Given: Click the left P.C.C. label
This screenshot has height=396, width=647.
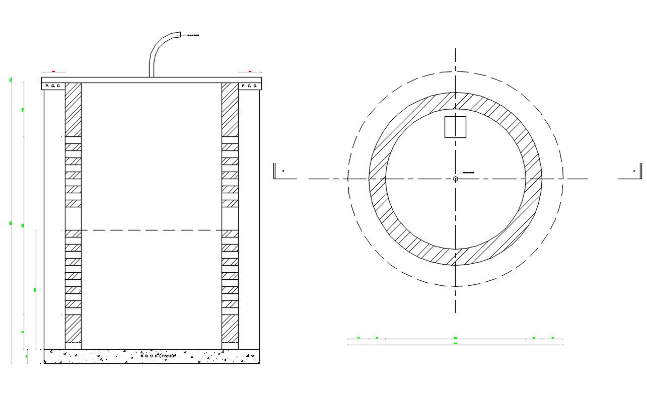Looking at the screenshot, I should (53, 86).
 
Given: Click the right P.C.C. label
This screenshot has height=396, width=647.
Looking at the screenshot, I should (249, 86).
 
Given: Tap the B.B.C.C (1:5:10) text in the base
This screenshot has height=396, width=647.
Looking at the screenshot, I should (158, 356).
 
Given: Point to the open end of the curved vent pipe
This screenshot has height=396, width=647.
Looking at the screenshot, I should (179, 35).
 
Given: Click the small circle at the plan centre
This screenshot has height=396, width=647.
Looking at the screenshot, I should (456, 179).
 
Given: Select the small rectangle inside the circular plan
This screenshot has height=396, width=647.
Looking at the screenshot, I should (455, 127).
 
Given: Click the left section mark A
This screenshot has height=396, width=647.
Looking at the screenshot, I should (282, 171).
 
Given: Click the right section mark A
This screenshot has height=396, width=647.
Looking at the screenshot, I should (633, 171).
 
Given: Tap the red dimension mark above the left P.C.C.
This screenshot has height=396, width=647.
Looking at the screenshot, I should (53, 72).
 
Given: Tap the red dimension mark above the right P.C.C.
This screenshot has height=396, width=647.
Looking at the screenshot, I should (250, 72).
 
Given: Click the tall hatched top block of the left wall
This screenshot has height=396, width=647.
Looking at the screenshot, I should (73, 109).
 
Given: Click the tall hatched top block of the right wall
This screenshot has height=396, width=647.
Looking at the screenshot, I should (230, 109).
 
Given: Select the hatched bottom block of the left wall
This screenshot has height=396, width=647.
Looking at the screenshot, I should (73, 328).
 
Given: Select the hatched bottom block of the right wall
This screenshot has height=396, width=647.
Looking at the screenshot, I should (230, 328).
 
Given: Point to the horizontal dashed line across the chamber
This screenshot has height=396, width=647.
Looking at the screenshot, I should (151, 230).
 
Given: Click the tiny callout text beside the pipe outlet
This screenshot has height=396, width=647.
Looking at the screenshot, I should (193, 35).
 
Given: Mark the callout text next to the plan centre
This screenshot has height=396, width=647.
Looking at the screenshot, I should (468, 173).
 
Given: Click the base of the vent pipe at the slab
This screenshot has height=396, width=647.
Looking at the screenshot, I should (151, 75).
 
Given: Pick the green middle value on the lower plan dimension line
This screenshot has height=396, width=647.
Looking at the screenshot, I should (455, 338).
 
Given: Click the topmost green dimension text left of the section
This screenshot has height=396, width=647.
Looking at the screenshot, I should (11, 80).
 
